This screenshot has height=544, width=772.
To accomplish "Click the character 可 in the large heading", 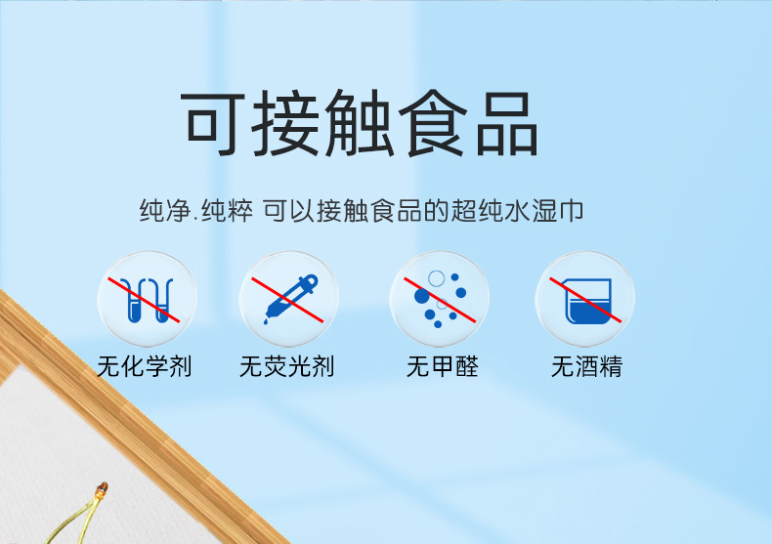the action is point(213,123).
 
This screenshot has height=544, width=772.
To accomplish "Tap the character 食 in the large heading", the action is point(433,123).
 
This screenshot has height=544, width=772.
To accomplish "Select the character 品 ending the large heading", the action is point(507,124).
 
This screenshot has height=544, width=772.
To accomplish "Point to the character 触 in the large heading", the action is point(359,123).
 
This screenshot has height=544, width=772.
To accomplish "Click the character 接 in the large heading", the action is point(285,123).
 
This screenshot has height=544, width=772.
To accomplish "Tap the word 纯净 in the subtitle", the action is point(165,211).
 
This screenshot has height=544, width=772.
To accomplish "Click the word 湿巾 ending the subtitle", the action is point(558,211).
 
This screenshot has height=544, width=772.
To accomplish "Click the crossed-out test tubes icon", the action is point(147,299).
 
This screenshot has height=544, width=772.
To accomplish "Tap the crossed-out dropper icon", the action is point(288,299).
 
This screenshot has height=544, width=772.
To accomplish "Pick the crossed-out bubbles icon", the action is point(439,299).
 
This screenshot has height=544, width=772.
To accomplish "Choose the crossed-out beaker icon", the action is point(585,299).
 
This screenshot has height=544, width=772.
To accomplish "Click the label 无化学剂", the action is point(145,366).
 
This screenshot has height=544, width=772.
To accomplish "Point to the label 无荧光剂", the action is point(287,366).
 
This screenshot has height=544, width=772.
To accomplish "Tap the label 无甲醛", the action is point(442,366).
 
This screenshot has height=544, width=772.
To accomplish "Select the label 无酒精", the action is point(586,366).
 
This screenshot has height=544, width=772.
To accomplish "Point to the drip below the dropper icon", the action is point(266,321).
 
